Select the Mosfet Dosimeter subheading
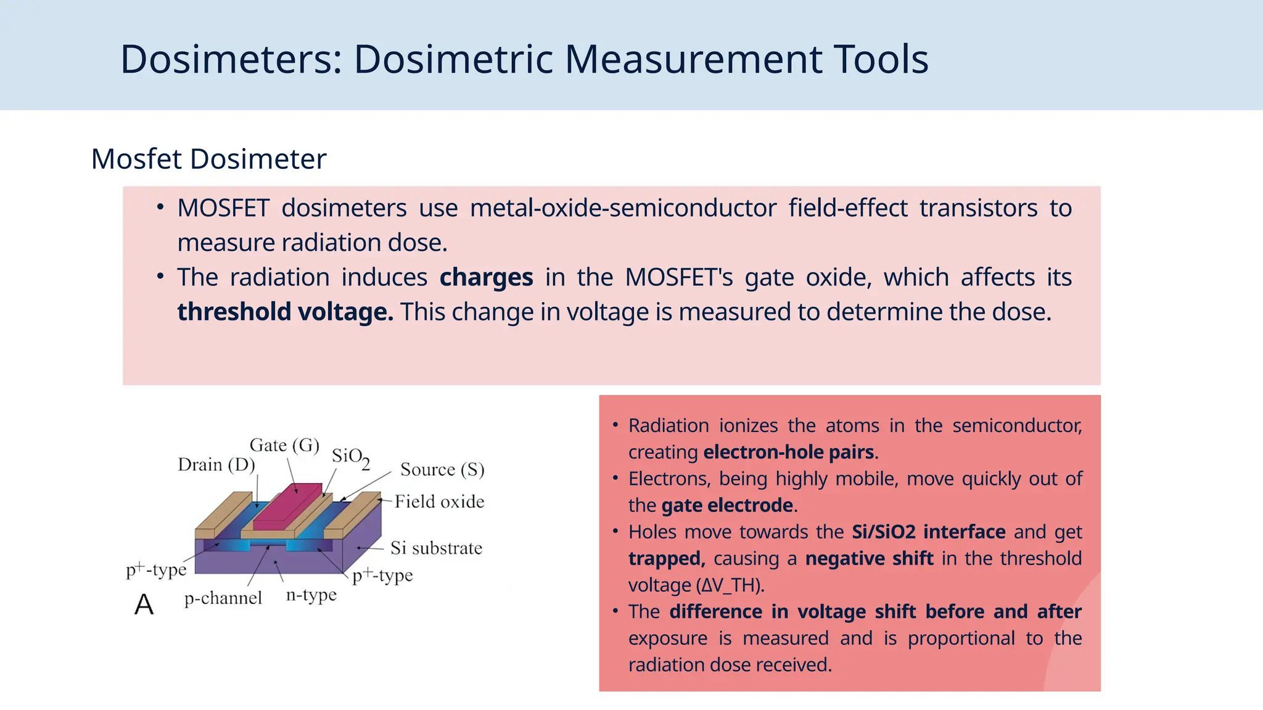(208, 159)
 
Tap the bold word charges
(486, 277)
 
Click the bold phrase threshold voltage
(285, 312)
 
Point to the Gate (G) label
(284, 445)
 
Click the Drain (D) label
(216, 465)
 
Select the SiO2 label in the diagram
(350, 457)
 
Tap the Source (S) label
(442, 470)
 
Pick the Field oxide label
(439, 502)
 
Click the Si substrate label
(436, 548)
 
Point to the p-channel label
(223, 598)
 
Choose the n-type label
(311, 595)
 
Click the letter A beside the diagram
(144, 605)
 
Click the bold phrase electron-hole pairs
(788, 452)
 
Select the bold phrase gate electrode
(726, 505)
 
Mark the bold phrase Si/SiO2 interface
(928, 532)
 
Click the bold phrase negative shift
(870, 558)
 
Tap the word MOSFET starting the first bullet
(223, 208)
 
